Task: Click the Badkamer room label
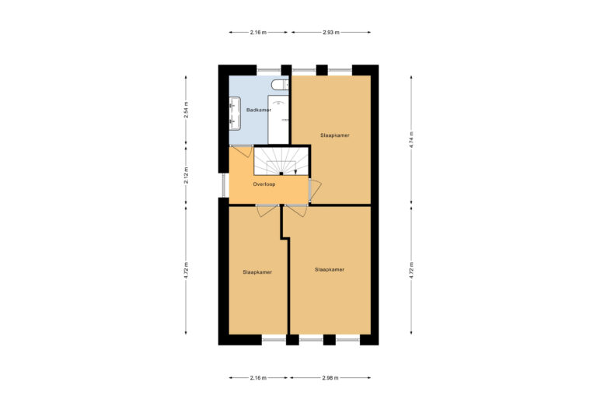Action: point(259,110)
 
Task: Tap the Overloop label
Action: point(264,184)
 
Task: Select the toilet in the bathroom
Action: point(280,85)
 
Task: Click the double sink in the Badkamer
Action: point(235,114)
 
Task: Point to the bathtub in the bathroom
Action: point(278,120)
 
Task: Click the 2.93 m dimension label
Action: point(331,33)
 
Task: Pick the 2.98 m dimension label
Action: point(330,378)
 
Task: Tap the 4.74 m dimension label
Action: point(411,140)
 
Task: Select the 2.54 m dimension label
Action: point(187,110)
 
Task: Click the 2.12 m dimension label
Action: point(187,176)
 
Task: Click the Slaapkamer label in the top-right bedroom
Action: point(335,135)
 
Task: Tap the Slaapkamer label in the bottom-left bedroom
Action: point(257,272)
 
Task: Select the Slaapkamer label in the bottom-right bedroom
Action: point(330,270)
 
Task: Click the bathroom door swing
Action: point(243,151)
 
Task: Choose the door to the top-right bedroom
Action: point(315,190)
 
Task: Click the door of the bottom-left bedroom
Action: point(267,211)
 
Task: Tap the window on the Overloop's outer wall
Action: point(225,185)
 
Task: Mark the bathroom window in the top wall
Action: point(269,70)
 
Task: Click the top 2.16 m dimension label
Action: point(258,33)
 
